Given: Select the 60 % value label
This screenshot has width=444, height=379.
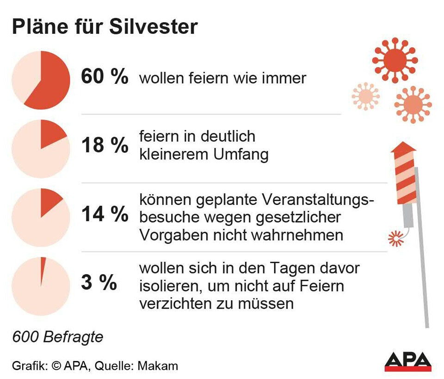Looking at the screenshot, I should pos(105,77).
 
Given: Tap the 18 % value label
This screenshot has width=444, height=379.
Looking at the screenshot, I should pos(105,145).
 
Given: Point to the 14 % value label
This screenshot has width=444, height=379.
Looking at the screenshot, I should pos(105,214).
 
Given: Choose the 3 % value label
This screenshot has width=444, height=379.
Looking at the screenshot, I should pos(99,283).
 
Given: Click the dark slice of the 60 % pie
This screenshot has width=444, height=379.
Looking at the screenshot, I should pos(51,83).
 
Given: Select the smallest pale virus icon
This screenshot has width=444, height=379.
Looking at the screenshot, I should pos(365,96).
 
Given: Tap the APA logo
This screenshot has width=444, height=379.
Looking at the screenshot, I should pos(408,361).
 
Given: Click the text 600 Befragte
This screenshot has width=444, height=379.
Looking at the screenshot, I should pos(57,337).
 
